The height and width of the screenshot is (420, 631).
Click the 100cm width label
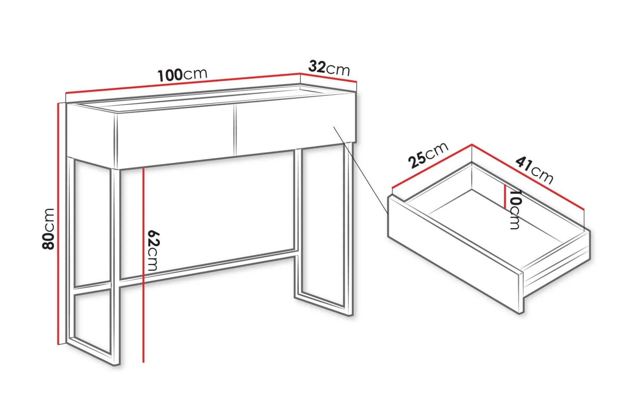point(182,75)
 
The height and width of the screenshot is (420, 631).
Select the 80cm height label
point(48,229)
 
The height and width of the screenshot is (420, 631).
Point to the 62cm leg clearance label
point(153,251)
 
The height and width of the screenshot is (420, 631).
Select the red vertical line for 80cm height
point(59,224)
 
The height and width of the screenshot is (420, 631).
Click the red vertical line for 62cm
point(144,265)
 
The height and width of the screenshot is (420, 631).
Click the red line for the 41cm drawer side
point(528,177)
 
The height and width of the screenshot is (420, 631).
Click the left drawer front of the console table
point(175,135)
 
